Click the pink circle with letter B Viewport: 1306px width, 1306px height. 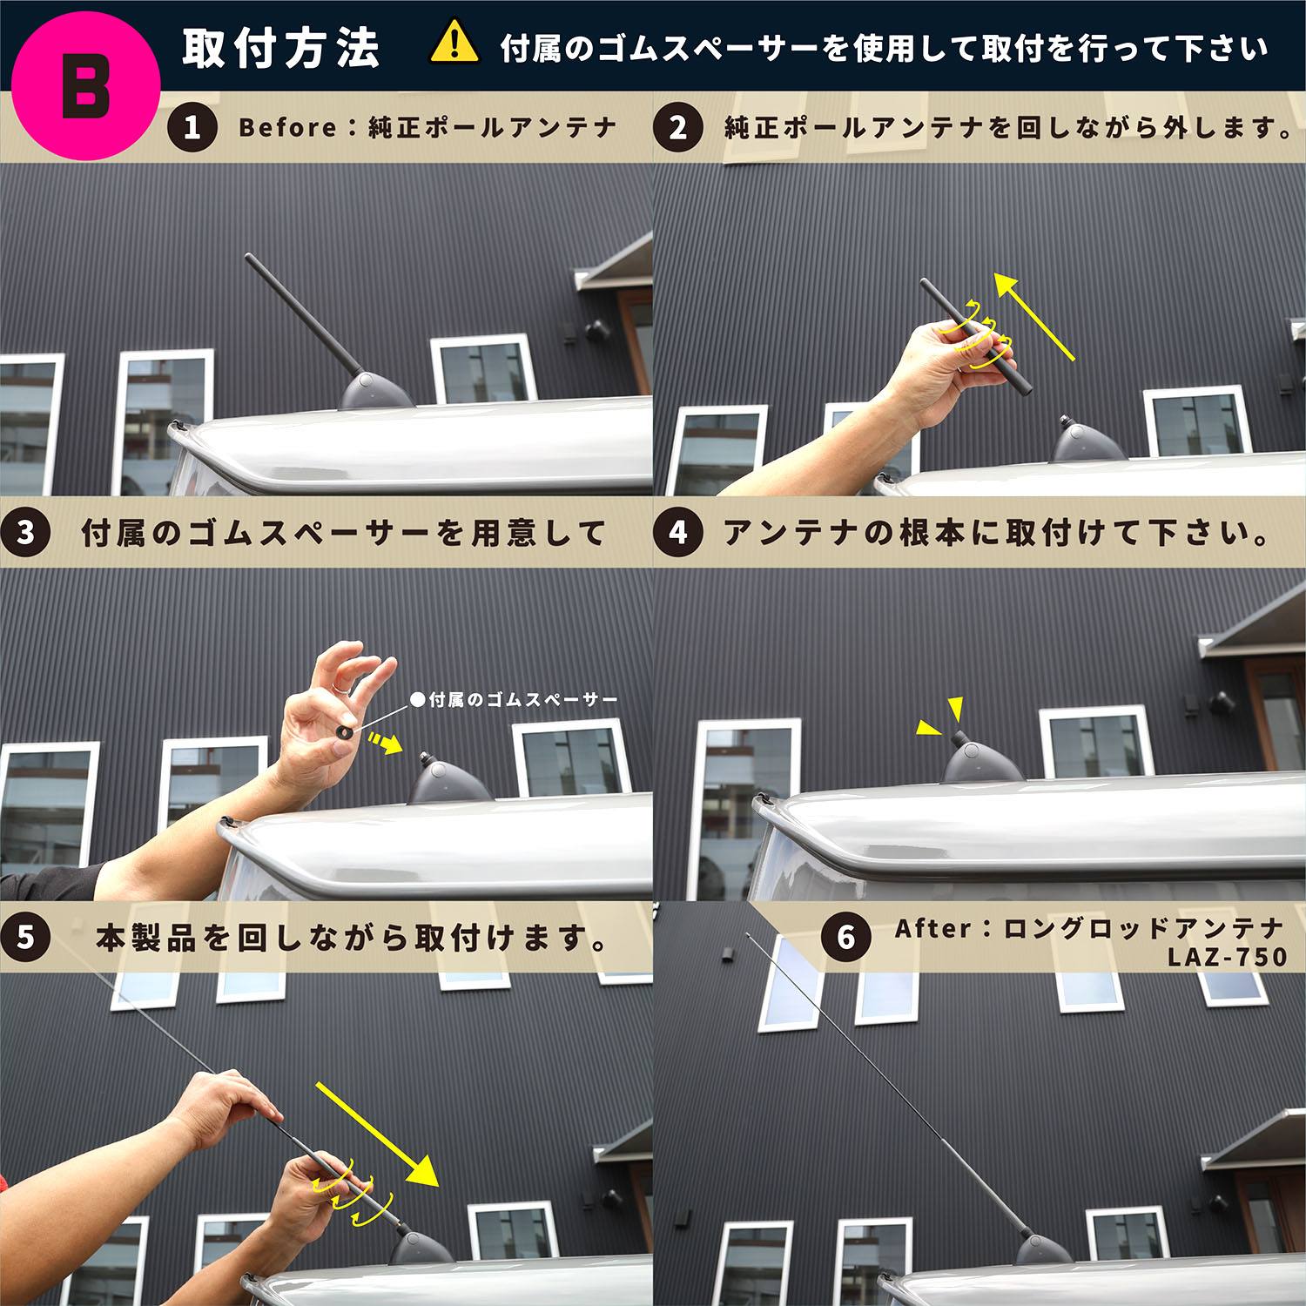point(85,85)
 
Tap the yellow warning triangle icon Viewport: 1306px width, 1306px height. point(454,44)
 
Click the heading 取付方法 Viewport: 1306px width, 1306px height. point(281,48)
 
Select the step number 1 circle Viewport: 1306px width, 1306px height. point(192,128)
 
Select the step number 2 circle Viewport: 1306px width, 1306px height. point(678,128)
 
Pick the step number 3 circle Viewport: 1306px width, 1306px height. point(25,532)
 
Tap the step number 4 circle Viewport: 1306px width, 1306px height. point(678,532)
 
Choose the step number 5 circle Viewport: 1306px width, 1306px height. point(25,937)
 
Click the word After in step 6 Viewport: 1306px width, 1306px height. point(932,928)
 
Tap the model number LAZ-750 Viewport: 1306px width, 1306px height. point(1227,957)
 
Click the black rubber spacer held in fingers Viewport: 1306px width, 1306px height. point(345,730)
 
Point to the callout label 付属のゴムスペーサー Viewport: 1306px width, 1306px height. point(514,699)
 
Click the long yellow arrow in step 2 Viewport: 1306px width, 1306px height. point(1033,316)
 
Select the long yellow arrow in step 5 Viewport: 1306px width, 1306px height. point(378,1134)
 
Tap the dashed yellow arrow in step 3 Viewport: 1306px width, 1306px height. point(385,742)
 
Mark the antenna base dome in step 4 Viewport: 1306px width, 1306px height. point(982,761)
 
